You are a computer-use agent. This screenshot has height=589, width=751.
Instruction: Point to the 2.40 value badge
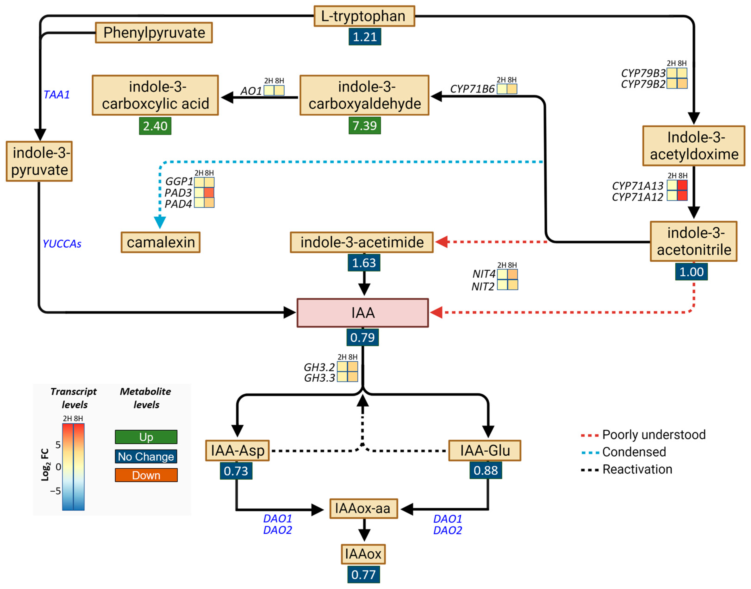pyautogui.click(x=155, y=126)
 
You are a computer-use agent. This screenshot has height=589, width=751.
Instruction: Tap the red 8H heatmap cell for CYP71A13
pyautogui.click(x=682, y=185)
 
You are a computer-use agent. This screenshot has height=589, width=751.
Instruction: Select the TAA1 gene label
pyautogui.click(x=57, y=95)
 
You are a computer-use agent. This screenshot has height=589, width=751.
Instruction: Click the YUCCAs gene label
pyautogui.click(x=62, y=244)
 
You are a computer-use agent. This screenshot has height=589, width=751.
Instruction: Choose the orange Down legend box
pyautogui.click(x=146, y=475)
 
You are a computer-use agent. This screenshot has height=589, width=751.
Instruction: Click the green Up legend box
pyautogui.click(x=146, y=437)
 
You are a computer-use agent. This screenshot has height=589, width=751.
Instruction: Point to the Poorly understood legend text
pyautogui.click(x=654, y=435)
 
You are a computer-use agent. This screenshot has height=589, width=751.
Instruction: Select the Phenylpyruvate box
pyautogui.click(x=154, y=33)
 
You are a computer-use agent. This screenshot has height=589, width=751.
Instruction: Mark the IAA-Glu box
pyautogui.click(x=484, y=450)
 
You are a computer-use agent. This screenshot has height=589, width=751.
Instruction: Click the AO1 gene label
pyautogui.click(x=251, y=91)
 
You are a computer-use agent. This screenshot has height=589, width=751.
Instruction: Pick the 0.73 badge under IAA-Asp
pyautogui.click(x=236, y=471)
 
